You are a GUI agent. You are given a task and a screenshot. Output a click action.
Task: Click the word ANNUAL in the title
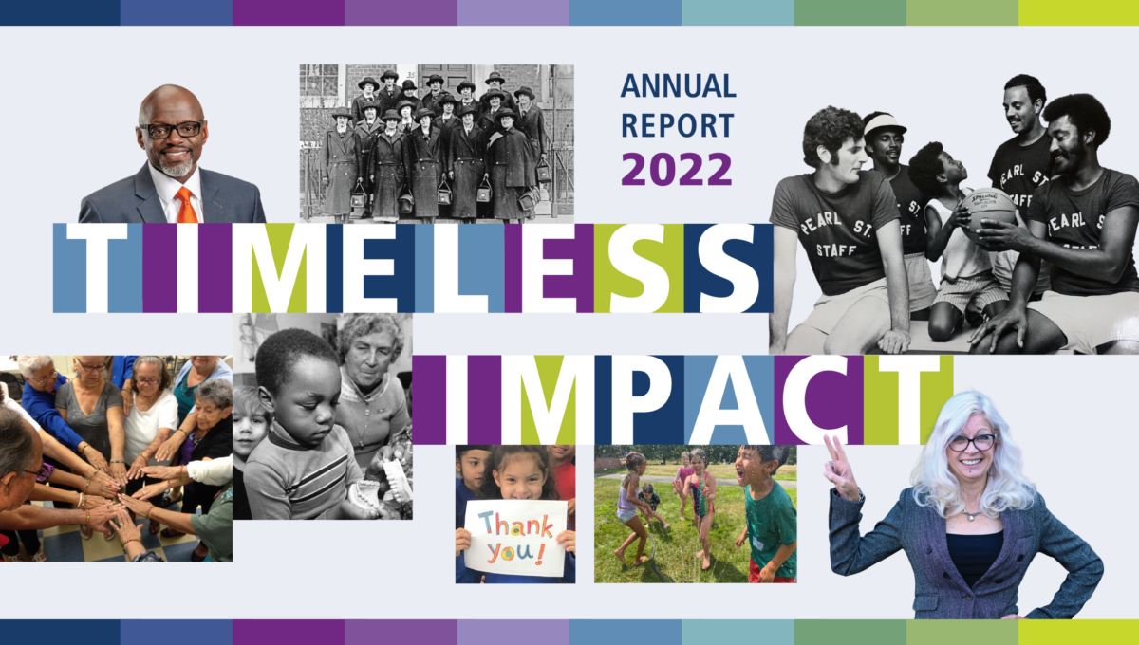[678, 86]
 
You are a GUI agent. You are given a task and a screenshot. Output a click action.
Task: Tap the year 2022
[677, 168]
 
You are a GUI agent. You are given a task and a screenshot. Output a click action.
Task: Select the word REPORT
[677, 126]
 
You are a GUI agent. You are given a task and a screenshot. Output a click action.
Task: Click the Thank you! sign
[515, 538]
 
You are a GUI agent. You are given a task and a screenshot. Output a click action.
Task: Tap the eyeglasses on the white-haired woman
[968, 442]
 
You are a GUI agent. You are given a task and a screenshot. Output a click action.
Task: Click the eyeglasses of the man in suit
[172, 129]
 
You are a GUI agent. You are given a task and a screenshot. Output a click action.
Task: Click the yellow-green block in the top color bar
[1078, 12]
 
